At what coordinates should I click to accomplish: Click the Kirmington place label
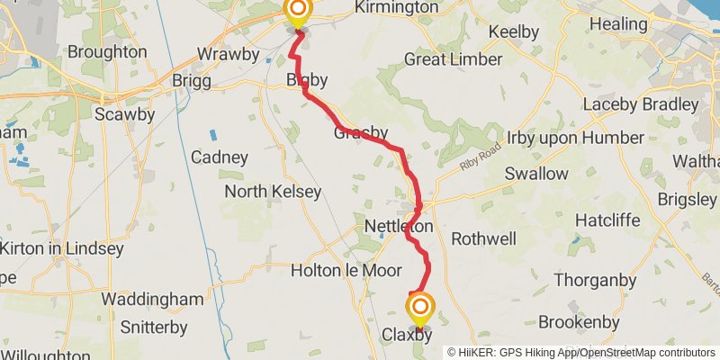coord(397,7)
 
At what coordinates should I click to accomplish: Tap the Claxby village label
coord(407,335)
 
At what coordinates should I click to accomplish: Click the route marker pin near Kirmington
coord(297,11)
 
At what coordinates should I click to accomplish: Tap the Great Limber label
coord(453,59)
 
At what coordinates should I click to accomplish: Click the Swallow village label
coord(536,173)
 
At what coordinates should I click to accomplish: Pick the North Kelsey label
coord(272,192)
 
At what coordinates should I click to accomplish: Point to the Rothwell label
coord(483,238)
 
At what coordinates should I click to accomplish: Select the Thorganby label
coord(589,280)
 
